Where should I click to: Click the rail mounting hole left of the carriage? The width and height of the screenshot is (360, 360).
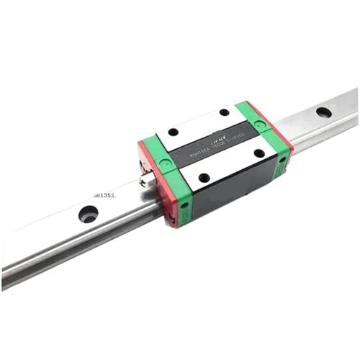89,213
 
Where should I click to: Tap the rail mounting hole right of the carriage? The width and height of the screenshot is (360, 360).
323,112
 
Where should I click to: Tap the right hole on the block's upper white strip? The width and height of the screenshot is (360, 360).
225,112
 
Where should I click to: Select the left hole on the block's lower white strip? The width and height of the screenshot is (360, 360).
204,177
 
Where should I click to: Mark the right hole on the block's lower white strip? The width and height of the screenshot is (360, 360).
258,153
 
